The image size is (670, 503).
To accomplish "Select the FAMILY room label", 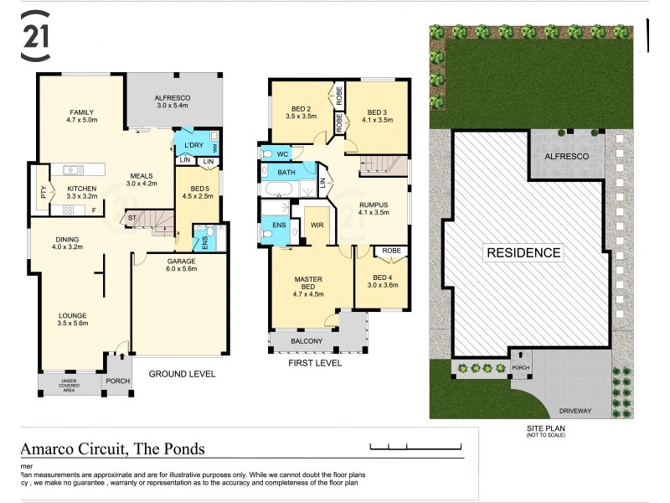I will (x=81, y=111).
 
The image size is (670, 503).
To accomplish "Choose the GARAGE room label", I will (x=180, y=261).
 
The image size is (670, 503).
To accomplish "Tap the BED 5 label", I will (x=198, y=189).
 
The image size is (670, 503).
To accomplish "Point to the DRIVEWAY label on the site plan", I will (x=577, y=411).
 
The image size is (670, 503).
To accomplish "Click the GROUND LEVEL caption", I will (x=182, y=374).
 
